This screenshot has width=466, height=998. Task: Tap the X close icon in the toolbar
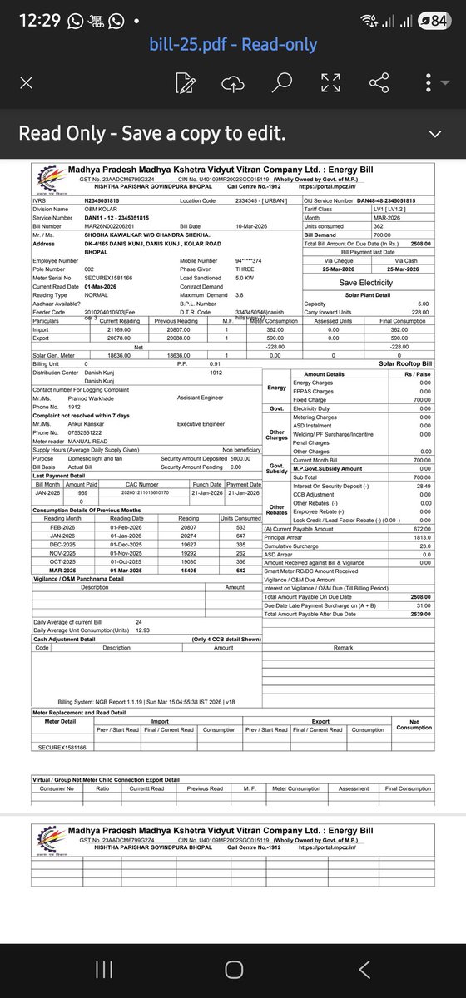27,82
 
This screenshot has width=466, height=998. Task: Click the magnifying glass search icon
282,82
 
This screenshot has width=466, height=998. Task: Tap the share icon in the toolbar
379,82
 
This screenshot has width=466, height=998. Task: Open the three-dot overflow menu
427,82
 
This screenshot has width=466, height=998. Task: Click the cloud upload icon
233,82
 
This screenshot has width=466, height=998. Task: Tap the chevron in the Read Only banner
434,133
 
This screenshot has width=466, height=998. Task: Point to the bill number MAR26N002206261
113,226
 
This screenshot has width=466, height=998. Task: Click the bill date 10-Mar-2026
232,226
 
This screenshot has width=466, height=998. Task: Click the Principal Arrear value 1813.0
421,537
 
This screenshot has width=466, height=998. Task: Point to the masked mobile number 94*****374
248,261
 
